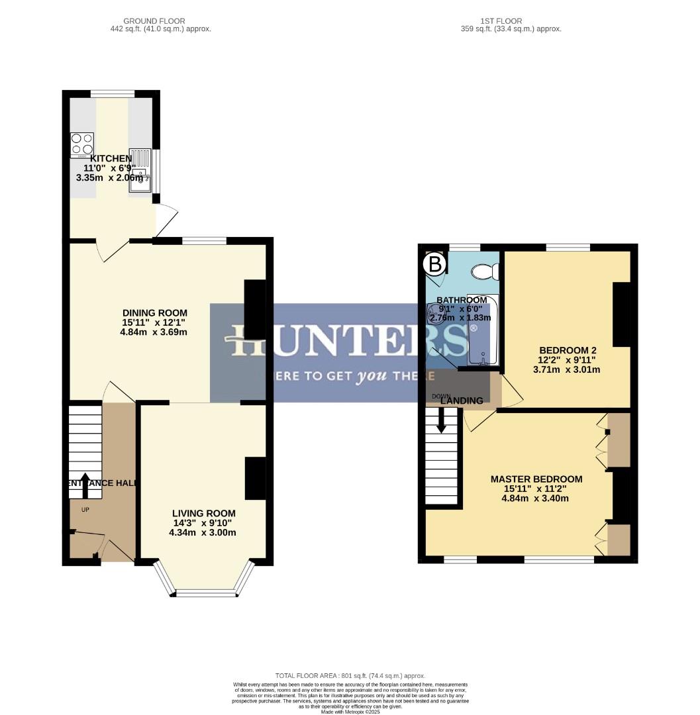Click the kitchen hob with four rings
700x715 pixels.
pyautogui.click(x=82, y=144)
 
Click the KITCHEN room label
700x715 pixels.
pyautogui.click(x=111, y=158)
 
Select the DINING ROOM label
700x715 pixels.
pyautogui.click(x=154, y=313)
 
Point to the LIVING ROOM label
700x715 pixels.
pyautogui.click(x=203, y=513)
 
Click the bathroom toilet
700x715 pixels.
pyautogui.click(x=487, y=271)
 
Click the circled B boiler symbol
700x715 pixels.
pyautogui.click(x=434, y=265)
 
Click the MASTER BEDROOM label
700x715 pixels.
pyautogui.click(x=536, y=479)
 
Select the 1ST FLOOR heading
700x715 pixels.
pyautogui.click(x=510, y=21)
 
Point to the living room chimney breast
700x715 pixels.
pyautogui.click(x=255, y=478)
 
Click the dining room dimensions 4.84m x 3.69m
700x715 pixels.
pyautogui.click(x=154, y=332)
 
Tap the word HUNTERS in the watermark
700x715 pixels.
pyautogui.click(x=350, y=342)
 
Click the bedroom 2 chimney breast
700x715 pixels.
pyautogui.click(x=621, y=314)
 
